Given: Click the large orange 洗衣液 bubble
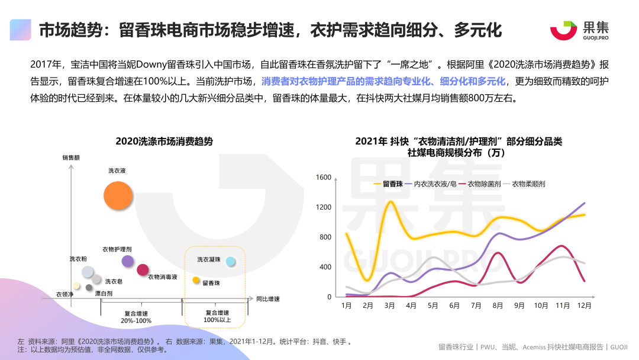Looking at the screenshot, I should [117, 195].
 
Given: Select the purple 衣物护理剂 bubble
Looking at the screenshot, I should [128, 261].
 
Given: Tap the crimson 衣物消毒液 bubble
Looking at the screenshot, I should [143, 270].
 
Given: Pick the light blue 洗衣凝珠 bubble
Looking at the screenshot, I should [231, 261].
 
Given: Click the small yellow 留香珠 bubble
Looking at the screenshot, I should [196, 280].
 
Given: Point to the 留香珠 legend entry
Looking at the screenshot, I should [388, 184].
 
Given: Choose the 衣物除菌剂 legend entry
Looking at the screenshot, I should [480, 184].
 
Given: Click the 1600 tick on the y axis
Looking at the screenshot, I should [324, 178].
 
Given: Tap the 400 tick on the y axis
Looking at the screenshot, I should [325, 267].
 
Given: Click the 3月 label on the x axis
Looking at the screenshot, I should [389, 306].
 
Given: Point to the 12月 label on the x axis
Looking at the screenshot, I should [585, 306].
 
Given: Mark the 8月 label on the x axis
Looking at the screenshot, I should [498, 306].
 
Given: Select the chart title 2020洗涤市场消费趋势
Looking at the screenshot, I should [164, 142].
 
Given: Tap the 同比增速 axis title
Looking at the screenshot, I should [267, 299].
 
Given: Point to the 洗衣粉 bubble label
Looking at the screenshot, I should [78, 259].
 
